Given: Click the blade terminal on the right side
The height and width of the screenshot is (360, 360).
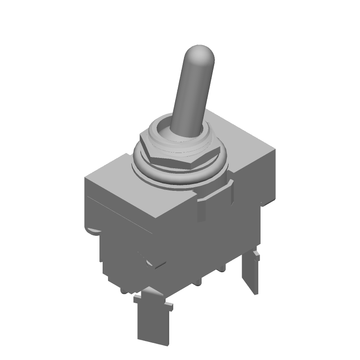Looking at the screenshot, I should pyautogui.click(x=250, y=274).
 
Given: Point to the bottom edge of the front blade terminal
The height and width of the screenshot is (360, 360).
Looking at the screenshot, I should pyautogui.click(x=151, y=340).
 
